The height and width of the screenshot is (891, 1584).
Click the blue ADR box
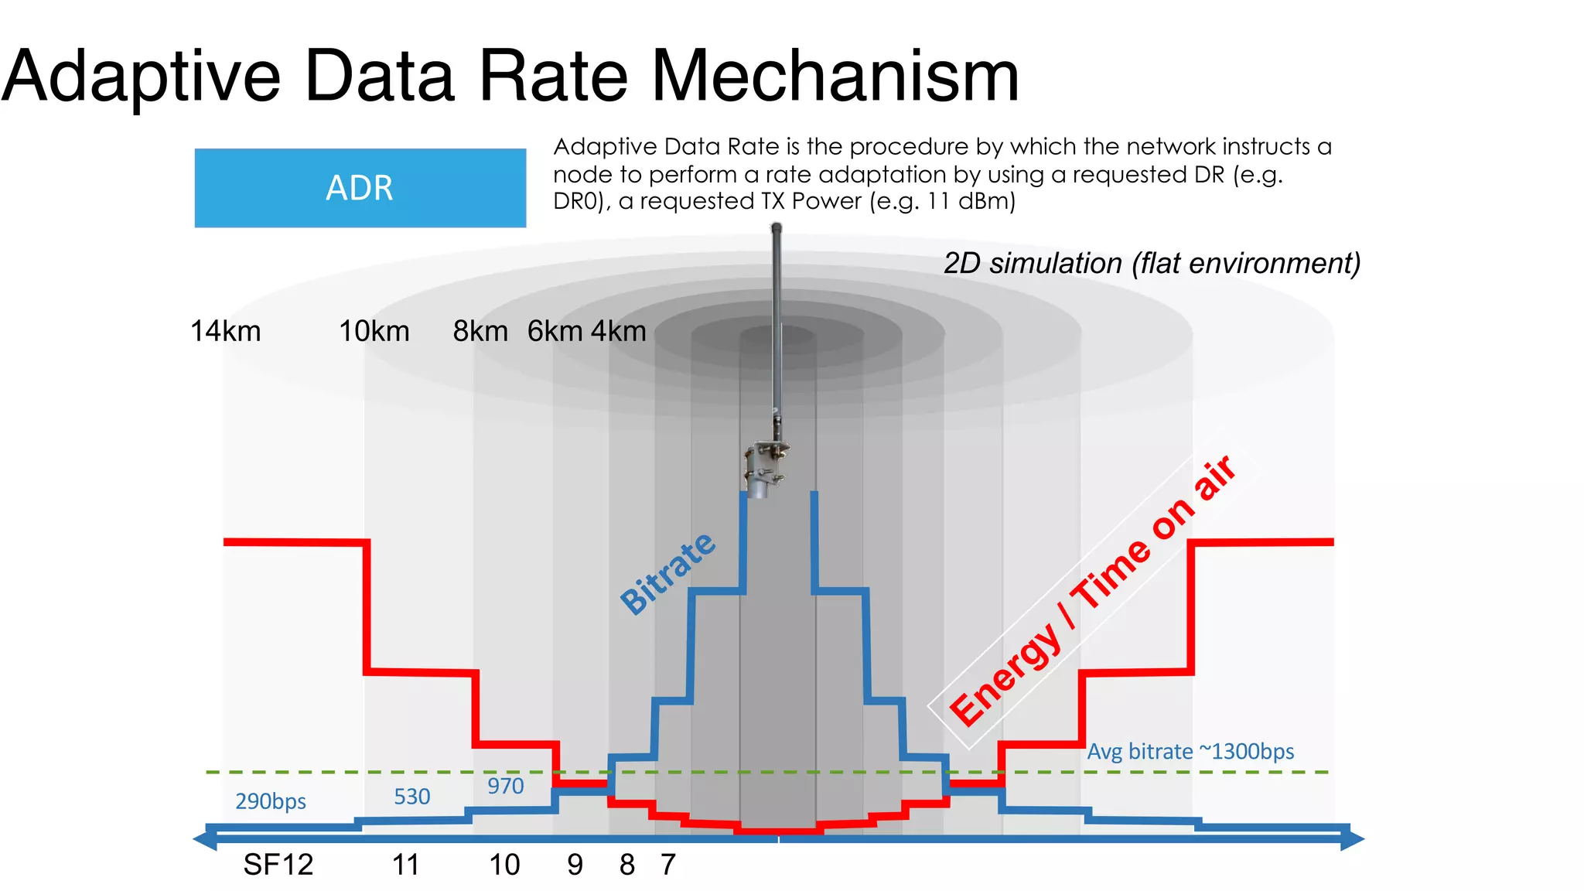click(x=360, y=188)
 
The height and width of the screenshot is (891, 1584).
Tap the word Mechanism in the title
click(x=836, y=77)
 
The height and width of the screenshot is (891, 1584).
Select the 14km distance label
click(x=225, y=331)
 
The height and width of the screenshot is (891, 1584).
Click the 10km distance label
click(x=374, y=331)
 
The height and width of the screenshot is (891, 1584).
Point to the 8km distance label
click(x=480, y=331)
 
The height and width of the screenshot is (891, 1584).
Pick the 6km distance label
click(x=555, y=331)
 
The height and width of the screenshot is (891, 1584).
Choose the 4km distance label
click(x=619, y=331)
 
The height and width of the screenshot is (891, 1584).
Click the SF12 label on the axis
click(x=278, y=865)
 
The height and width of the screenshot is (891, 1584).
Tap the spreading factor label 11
click(x=405, y=865)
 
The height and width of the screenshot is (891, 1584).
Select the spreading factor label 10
click(x=504, y=865)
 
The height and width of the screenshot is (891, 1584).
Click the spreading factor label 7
click(x=668, y=865)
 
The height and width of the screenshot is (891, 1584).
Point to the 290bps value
click(x=270, y=801)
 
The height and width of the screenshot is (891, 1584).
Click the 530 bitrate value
click(x=411, y=797)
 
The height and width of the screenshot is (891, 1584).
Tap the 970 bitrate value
click(x=505, y=786)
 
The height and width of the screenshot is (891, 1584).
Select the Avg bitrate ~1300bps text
click(x=1190, y=752)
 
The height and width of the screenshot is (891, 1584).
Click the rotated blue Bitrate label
click(x=668, y=573)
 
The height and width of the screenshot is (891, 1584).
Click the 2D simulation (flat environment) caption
click(x=1152, y=264)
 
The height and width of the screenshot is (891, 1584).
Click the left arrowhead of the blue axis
click(x=204, y=838)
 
